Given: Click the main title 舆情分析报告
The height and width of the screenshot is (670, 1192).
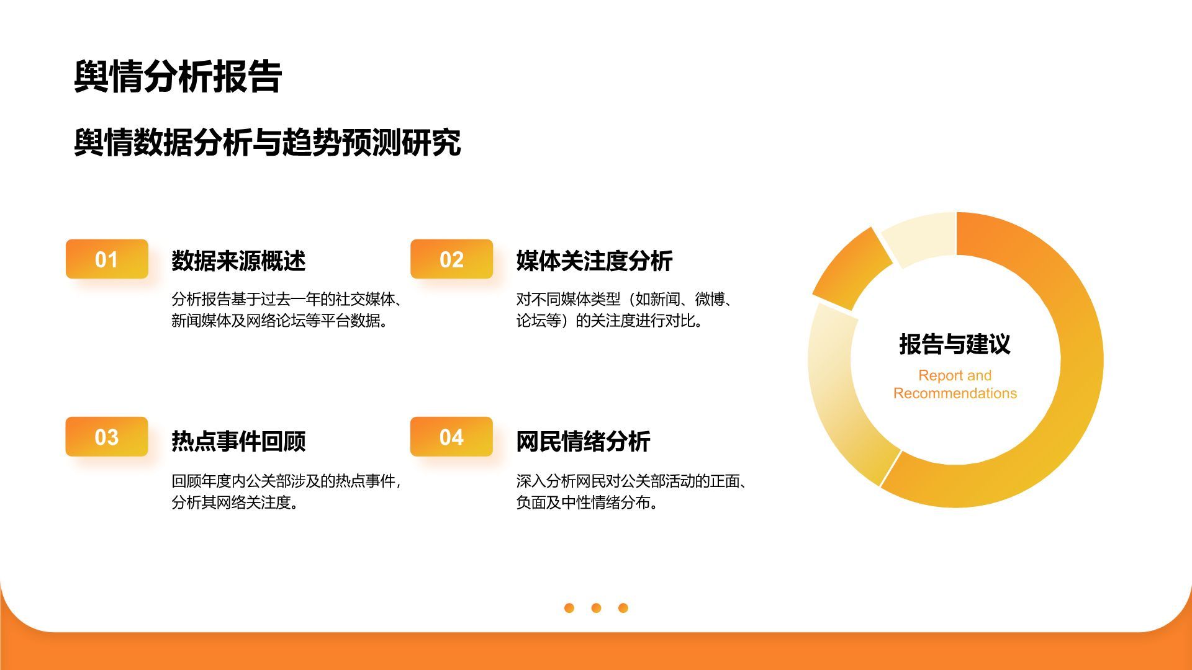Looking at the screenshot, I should click(178, 77).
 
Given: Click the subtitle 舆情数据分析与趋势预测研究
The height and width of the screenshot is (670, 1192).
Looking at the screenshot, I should click(267, 143).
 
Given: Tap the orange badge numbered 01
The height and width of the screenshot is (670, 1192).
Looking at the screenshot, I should click(107, 259).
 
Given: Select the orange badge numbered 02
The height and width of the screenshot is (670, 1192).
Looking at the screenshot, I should click(451, 259).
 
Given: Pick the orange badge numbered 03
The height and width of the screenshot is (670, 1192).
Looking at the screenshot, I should click(107, 437).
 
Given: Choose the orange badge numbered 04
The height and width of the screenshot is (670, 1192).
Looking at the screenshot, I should click(451, 437).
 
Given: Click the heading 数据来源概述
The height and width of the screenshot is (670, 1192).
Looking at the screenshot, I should click(238, 261).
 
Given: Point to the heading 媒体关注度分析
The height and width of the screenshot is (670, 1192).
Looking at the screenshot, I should click(594, 261).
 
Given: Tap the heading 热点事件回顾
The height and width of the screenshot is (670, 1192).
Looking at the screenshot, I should click(238, 441).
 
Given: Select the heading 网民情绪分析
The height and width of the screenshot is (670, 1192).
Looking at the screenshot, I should click(583, 441).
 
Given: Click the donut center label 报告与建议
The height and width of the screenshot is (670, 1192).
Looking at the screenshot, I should click(955, 344).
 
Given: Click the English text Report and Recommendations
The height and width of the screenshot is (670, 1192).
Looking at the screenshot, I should click(955, 384).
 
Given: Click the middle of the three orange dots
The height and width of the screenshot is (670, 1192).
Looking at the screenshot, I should click(596, 608).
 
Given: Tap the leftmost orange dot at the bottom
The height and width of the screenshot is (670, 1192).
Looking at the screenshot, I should click(569, 608).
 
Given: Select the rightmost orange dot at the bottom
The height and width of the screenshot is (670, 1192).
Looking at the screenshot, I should click(623, 608).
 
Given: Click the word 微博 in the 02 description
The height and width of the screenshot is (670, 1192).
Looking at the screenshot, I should click(710, 300).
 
